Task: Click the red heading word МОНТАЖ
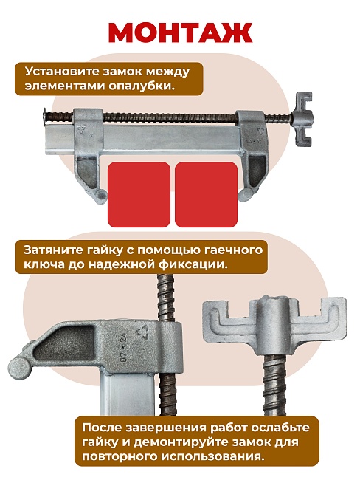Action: click(180, 32)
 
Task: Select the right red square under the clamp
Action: click(207, 194)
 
